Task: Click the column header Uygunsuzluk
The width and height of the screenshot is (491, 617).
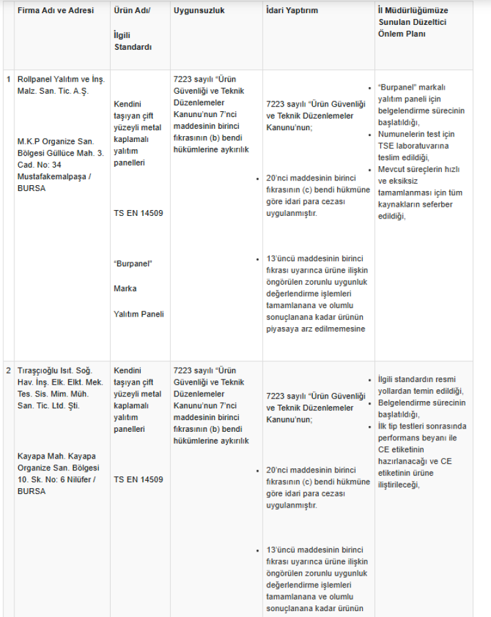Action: [x=198, y=10]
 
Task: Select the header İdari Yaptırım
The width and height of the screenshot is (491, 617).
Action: [x=292, y=10]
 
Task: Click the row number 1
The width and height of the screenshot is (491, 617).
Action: [x=9, y=79]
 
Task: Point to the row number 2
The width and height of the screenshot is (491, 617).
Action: [x=9, y=370]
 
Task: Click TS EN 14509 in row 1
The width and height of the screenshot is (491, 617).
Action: [x=138, y=213]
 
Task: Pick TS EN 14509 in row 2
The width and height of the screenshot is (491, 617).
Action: [x=138, y=480]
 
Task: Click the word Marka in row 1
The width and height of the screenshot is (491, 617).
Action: [x=125, y=289]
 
